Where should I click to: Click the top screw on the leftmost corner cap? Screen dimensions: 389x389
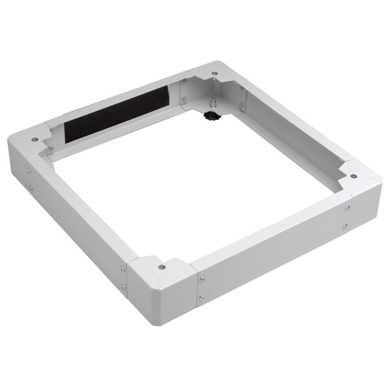point(34,139)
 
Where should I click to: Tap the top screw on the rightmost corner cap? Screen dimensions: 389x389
point(354,175)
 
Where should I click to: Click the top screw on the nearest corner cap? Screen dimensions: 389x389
point(161,266)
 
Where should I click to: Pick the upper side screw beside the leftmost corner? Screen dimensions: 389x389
point(29,171)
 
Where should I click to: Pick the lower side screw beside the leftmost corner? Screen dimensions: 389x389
point(30,188)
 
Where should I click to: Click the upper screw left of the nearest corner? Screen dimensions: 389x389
point(123,268)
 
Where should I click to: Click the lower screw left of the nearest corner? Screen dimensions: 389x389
point(123,287)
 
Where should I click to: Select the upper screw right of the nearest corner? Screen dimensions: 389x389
point(201,279)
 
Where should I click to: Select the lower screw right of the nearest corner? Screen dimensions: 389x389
point(201,298)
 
